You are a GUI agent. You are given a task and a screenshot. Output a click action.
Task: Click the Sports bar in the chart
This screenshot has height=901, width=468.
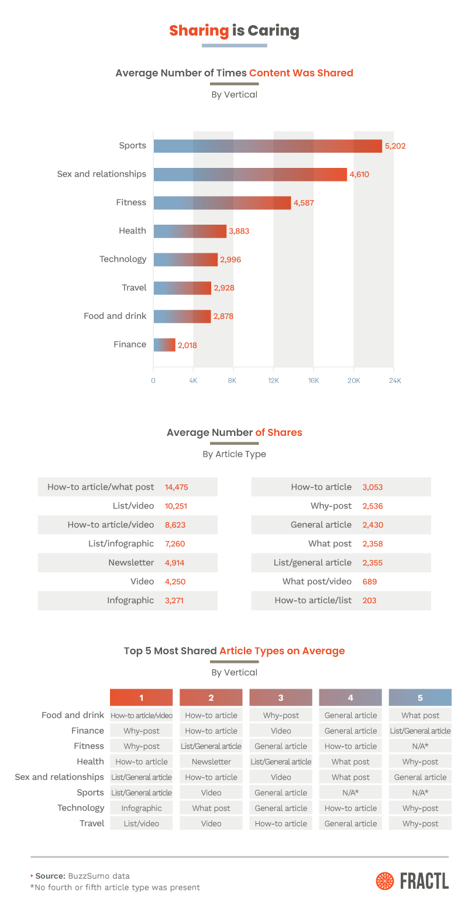click(267, 146)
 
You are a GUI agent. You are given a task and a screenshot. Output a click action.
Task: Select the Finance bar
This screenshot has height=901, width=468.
click(164, 345)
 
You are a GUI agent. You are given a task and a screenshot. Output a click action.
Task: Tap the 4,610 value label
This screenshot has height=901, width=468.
click(360, 174)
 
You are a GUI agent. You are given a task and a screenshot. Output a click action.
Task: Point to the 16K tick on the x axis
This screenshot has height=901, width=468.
click(314, 381)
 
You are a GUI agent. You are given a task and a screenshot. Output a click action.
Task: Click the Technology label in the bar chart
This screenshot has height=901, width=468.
click(123, 259)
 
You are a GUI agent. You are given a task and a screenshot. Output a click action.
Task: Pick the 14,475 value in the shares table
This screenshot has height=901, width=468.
click(177, 487)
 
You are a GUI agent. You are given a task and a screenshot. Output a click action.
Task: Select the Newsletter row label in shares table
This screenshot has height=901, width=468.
click(131, 563)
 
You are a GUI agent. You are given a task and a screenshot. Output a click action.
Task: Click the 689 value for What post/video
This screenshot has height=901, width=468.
click(369, 582)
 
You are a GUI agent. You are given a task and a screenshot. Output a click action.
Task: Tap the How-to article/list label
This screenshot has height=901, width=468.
click(313, 600)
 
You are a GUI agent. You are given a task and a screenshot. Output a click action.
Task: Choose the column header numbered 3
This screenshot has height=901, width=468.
click(281, 697)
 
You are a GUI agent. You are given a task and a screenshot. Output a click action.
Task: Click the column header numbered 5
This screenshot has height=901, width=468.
click(420, 697)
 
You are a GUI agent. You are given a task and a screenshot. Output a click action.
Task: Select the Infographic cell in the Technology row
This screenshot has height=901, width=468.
click(142, 808)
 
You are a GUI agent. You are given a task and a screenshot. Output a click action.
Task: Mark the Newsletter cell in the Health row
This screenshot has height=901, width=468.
click(211, 762)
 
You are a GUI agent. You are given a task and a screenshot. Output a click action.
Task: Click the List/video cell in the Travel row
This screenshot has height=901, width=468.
click(142, 823)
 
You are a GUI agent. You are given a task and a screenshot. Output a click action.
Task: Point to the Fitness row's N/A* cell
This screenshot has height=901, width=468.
click(420, 746)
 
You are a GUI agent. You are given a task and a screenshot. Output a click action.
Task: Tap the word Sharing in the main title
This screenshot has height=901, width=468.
click(199, 31)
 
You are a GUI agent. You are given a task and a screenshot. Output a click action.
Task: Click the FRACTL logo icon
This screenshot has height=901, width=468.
click(385, 881)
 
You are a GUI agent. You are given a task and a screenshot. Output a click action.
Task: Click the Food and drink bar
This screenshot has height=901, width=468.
click(182, 317)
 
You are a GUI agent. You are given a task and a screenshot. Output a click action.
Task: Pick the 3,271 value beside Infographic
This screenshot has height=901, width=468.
click(174, 600)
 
